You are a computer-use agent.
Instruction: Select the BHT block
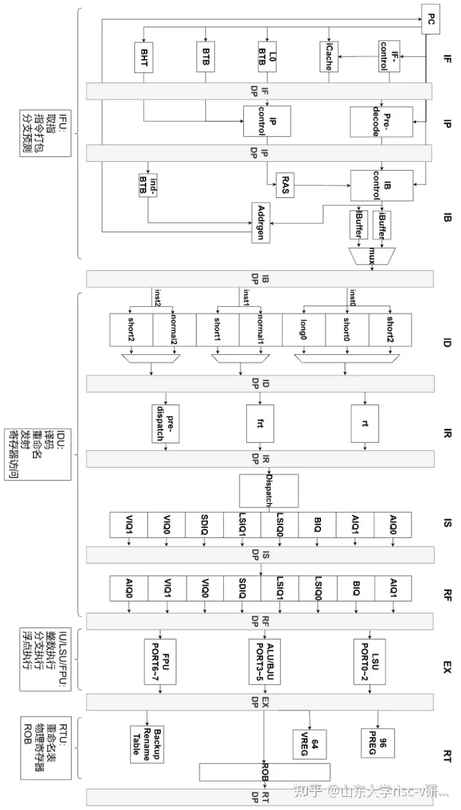coord(143,57)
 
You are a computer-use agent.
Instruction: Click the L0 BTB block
coord(267,57)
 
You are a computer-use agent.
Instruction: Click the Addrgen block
coord(261,222)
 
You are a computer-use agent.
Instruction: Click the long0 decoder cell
coord(304,330)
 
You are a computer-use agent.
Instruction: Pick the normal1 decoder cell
coord(261,330)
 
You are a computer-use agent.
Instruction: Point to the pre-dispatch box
coord(165,424)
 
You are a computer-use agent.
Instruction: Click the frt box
coord(261,424)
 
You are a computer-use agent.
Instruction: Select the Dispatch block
coord(269,490)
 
